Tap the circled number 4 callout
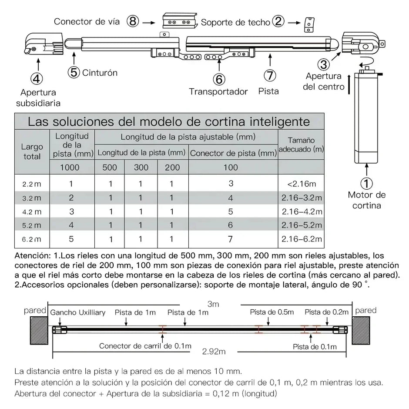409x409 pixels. point(37,78)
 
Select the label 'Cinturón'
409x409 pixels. point(100,73)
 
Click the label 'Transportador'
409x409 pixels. point(218,92)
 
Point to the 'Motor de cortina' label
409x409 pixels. point(366,200)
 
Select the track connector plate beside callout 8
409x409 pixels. point(178,21)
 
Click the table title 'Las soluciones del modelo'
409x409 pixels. point(169,121)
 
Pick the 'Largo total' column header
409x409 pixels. point(32,152)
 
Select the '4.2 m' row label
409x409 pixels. point(32,212)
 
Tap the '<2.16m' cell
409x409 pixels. point(301,184)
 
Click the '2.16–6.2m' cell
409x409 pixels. point(301,239)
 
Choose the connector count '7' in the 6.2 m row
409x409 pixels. point(231,239)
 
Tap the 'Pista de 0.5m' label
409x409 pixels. point(272,312)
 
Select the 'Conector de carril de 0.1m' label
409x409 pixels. point(145,346)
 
